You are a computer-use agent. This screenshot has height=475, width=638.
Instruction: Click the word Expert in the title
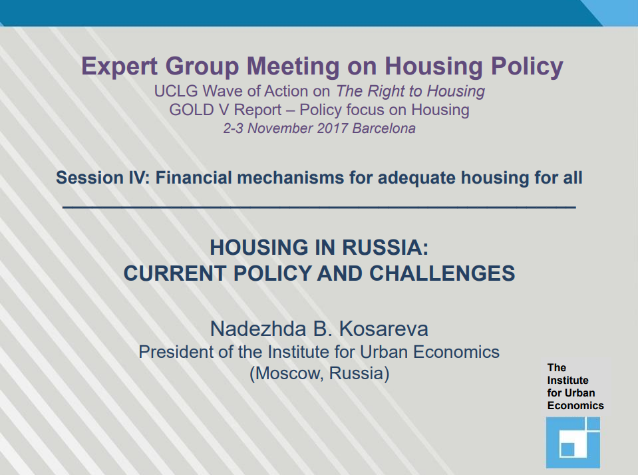(119, 67)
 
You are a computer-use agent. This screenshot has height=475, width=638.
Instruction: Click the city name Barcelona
(384, 128)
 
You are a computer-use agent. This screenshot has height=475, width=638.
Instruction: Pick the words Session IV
(103, 178)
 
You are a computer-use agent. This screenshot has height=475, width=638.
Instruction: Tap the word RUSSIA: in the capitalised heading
(385, 247)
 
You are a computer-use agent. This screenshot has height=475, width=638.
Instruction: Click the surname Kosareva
(383, 329)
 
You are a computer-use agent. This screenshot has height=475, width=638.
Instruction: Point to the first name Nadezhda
(257, 329)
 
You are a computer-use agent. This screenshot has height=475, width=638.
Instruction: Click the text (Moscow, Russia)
(319, 373)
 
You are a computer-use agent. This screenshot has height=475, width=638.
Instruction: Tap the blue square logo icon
(573, 442)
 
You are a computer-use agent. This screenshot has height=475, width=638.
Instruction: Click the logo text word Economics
(575, 406)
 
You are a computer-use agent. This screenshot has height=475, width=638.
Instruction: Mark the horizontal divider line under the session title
(319, 208)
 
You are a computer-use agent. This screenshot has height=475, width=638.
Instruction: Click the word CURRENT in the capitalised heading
(175, 273)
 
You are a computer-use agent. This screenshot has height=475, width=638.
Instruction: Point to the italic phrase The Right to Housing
(410, 91)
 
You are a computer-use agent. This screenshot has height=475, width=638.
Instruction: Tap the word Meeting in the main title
(293, 67)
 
